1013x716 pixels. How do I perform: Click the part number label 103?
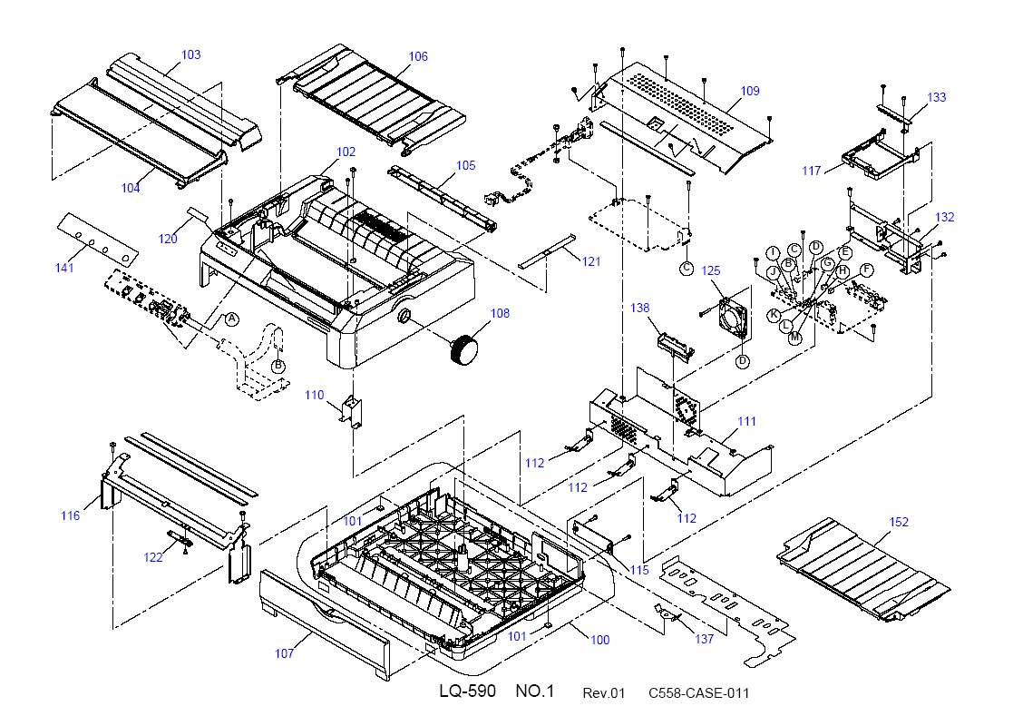click(190, 55)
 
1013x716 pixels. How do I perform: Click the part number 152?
click(899, 522)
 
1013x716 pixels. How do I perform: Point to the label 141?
click(64, 269)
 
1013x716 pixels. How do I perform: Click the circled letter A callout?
click(231, 319)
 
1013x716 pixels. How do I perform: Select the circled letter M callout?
click(795, 338)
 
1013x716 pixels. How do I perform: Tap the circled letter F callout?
click(866, 270)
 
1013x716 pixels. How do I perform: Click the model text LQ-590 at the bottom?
click(468, 691)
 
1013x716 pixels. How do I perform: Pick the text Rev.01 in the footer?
click(604, 693)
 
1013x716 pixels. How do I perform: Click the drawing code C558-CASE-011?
click(699, 693)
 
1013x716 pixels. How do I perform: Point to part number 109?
click(749, 91)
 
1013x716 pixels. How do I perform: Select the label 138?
click(639, 309)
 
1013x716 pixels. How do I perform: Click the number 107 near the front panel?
click(284, 654)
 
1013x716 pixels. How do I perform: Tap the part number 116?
click(71, 515)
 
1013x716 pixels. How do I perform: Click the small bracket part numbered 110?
click(352, 412)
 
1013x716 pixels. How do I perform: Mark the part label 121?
click(591, 261)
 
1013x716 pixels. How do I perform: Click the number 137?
click(704, 639)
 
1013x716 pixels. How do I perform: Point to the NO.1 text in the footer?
click(535, 691)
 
